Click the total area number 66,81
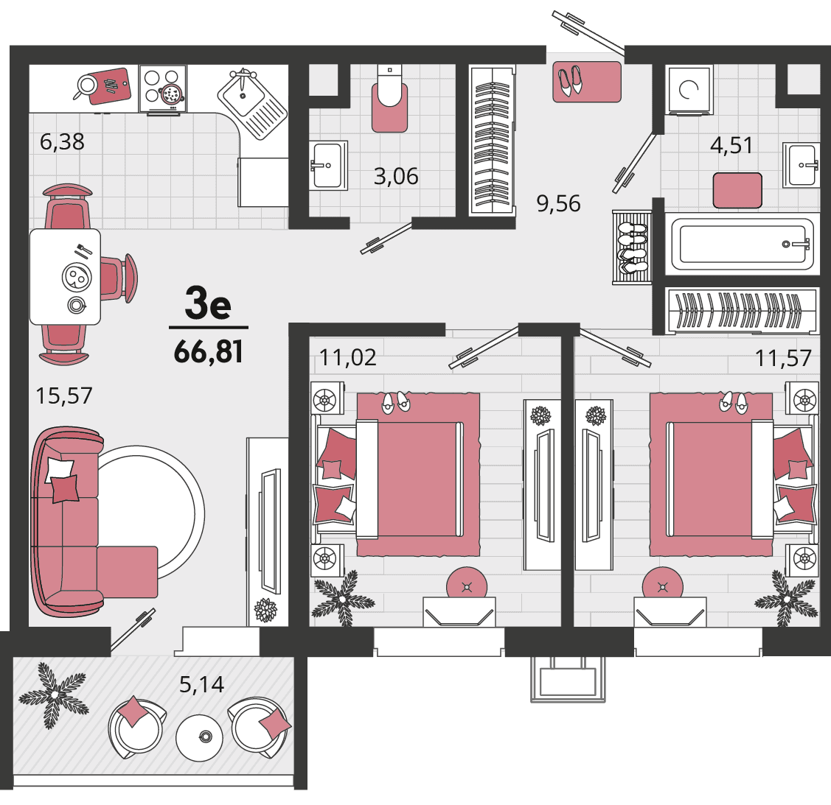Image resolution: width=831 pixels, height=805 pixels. (x=208, y=351)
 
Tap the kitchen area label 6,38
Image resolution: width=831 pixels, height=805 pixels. (x=62, y=142)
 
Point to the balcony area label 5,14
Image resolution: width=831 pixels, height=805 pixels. (x=201, y=684)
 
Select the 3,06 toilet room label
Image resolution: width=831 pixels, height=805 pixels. (x=396, y=176)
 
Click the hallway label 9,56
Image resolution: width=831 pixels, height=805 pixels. (x=559, y=203)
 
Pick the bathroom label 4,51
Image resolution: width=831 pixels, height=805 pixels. (x=731, y=145)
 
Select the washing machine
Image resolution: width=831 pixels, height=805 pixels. (x=689, y=89)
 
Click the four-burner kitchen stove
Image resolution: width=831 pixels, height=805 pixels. (x=163, y=89)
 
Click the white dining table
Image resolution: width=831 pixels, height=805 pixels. (x=65, y=276)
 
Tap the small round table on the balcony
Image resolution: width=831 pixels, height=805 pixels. (x=199, y=737)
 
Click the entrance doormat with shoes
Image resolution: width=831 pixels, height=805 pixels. (x=587, y=82)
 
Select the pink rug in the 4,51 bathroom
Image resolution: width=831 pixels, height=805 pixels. (x=737, y=191)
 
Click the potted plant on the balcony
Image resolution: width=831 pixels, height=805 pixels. (x=54, y=695)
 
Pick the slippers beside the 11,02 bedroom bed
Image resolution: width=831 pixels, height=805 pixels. (x=396, y=403)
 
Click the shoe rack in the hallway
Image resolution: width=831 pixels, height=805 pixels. (x=632, y=247)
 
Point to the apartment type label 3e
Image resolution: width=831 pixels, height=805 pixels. (x=208, y=303)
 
